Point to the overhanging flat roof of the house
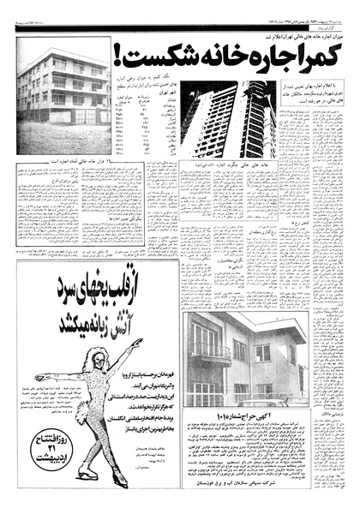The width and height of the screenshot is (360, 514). pos(257,321)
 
